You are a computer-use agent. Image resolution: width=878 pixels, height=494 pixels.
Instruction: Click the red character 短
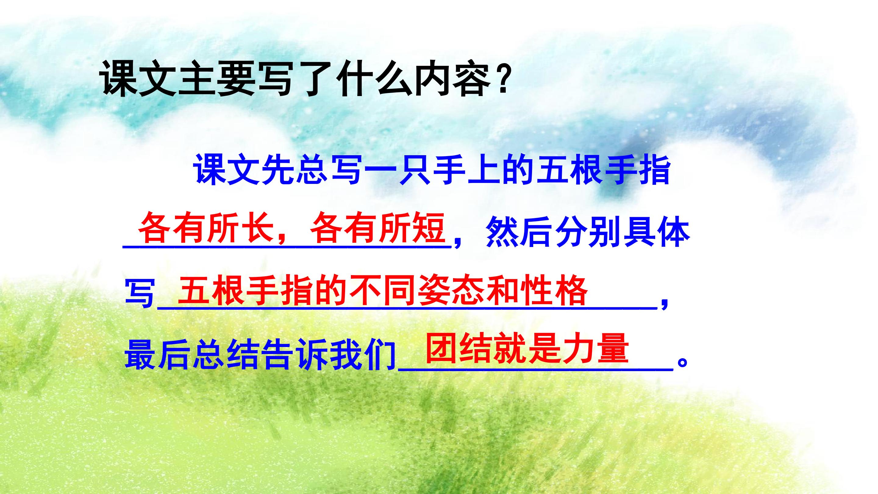[430, 227]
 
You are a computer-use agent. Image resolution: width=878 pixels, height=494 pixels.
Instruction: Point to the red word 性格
[554, 291]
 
